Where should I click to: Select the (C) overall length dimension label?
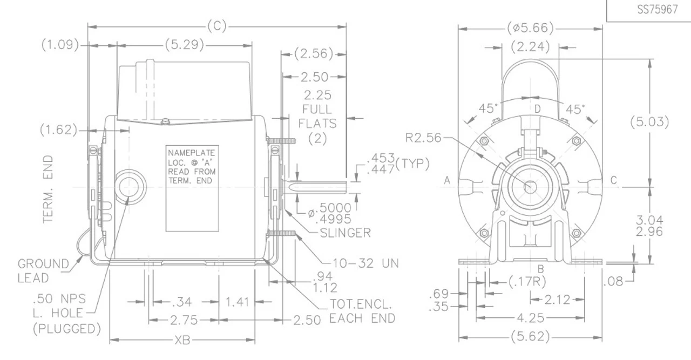(x=216, y=26)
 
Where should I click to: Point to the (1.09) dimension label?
(x=60, y=46)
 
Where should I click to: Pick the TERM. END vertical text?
(x=49, y=189)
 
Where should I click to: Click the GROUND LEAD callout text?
(x=43, y=270)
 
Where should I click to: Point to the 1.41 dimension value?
(x=238, y=301)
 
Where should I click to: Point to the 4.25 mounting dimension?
(x=531, y=318)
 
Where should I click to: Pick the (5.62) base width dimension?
(x=531, y=338)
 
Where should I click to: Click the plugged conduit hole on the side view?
(x=130, y=187)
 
